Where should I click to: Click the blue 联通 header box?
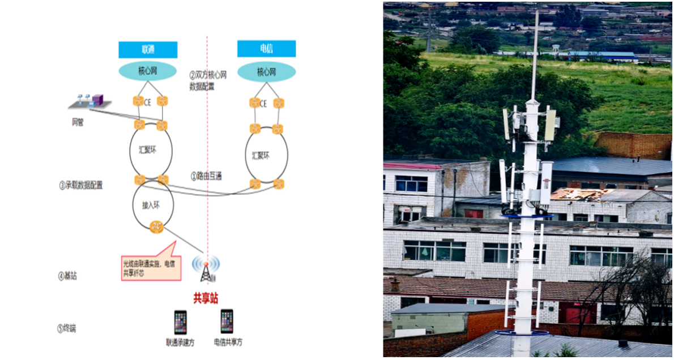pos(148,49)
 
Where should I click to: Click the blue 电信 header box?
pos(266,49)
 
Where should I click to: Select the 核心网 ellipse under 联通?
pos(144,71)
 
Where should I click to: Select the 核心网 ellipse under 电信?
pos(266,72)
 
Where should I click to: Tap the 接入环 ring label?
pos(147,204)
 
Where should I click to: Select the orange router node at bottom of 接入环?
pos(156,228)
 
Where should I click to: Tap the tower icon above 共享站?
pos(206,269)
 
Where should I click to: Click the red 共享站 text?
pos(206,298)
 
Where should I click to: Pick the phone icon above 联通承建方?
pos(180,322)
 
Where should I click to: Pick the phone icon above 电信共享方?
pos(227,321)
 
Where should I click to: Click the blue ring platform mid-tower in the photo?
pos(527,216)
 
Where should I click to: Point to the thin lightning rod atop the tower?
pos(535,51)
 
